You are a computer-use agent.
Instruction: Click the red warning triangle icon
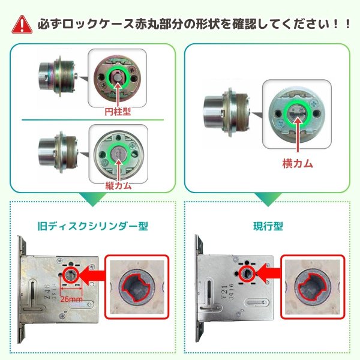pos(22,25)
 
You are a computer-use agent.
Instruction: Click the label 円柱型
pos(118,112)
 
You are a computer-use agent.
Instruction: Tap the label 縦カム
pos(118,185)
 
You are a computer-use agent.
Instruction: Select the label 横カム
pos(298,164)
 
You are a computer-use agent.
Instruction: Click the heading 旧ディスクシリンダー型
pos(93,226)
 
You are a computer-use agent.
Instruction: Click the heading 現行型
pos(268,226)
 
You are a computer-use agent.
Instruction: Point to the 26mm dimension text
pos(71,299)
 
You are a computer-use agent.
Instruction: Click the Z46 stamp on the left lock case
pos(47,292)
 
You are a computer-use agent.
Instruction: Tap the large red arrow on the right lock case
pos(268,273)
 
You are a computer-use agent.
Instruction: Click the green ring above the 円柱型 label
pos(108,77)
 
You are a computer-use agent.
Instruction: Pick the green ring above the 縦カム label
pos(109,154)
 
